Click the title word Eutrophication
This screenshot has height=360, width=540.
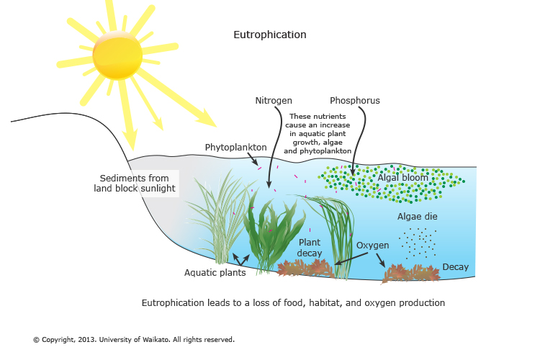pyautogui.click(x=270, y=35)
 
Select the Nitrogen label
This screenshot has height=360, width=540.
pyautogui.click(x=274, y=100)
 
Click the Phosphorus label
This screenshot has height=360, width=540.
pyautogui.click(x=354, y=100)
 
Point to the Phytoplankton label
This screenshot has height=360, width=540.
pyautogui.click(x=235, y=147)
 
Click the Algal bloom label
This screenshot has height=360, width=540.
pyautogui.click(x=402, y=177)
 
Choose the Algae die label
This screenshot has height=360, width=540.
pyautogui.click(x=417, y=216)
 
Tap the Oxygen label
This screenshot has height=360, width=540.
pyautogui.click(x=372, y=246)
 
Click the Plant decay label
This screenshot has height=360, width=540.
pyautogui.click(x=310, y=247)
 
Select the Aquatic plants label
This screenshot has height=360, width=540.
pyautogui.click(x=215, y=272)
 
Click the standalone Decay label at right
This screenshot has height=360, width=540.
pyautogui.click(x=455, y=267)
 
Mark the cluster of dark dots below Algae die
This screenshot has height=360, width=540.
pyautogui.click(x=418, y=242)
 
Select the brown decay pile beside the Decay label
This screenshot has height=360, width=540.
pyautogui.click(x=410, y=273)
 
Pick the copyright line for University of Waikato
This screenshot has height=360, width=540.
pyautogui.click(x=133, y=339)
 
